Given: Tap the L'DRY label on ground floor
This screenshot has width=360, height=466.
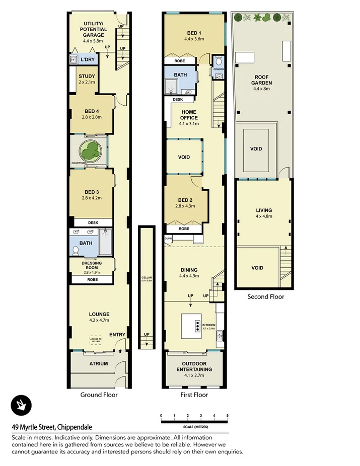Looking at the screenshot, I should coord(88,60).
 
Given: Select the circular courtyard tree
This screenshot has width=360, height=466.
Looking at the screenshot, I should coord(91,151).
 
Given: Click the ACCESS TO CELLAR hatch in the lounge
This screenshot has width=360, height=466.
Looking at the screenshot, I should coord(96,340).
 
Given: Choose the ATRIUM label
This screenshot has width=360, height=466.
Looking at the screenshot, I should coord(99,364).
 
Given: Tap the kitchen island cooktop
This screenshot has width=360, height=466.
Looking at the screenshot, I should coord(198,325).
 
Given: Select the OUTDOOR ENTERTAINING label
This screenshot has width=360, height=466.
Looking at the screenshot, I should coord(194,366).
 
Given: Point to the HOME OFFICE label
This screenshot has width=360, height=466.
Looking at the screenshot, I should coord(189,115).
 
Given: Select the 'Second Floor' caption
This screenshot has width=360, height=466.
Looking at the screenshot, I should coord(265,297).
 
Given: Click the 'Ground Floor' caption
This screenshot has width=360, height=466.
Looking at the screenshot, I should coord(99,395).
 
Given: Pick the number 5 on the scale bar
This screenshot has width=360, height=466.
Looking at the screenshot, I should coord(228,416).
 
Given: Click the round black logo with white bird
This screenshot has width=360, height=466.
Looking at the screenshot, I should coord(21,406).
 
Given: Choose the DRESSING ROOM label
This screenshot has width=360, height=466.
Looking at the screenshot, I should coord(92,266).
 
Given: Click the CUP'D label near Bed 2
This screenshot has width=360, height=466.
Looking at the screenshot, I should coord(168,238).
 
